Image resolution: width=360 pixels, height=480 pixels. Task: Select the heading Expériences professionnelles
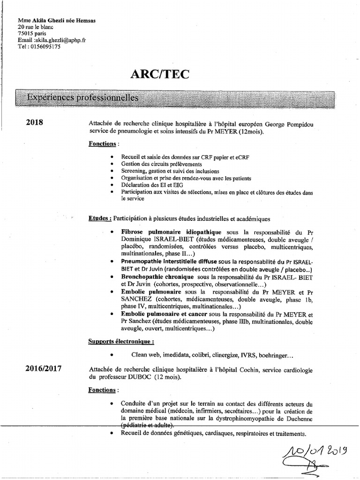83,98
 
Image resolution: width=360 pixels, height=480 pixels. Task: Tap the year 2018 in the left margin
35,123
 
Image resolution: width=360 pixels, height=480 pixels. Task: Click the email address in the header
58,41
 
